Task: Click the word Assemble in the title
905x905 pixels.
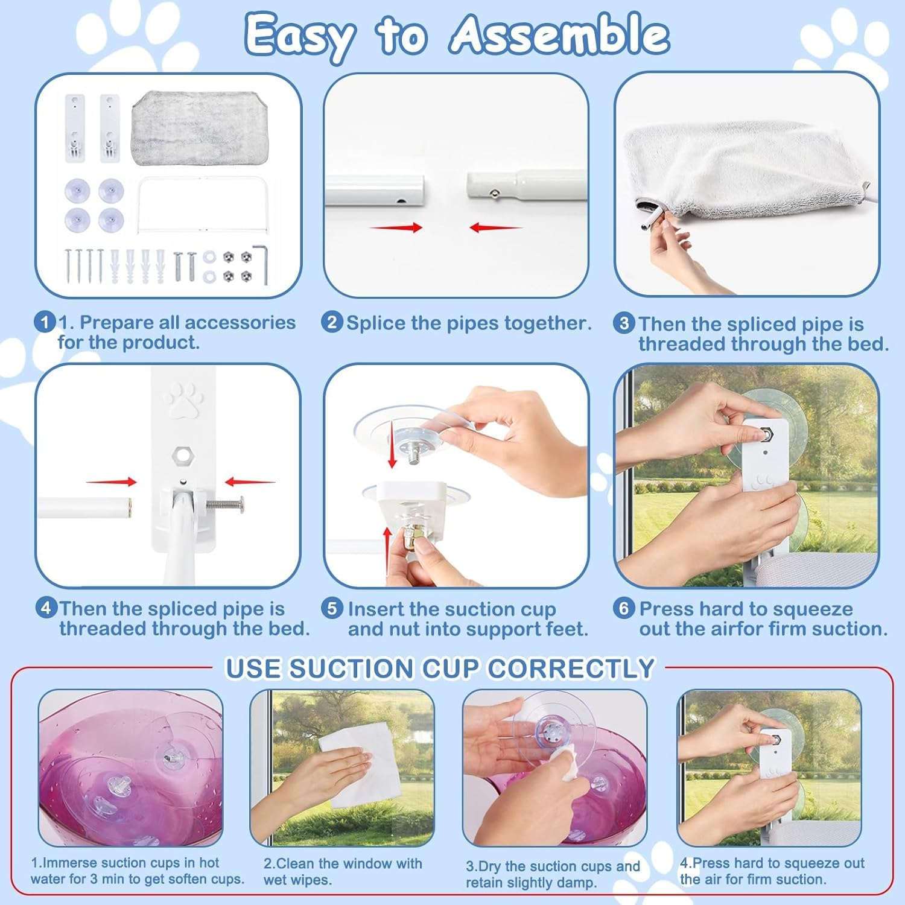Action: [560, 34]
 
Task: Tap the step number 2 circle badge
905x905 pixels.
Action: [332, 322]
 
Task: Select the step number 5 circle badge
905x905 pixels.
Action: [332, 608]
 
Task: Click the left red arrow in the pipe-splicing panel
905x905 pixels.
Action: [396, 227]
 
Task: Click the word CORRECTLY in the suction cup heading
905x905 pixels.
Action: [571, 668]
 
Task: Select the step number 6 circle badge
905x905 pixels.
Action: [624, 608]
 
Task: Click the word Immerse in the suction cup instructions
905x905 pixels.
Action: [69, 863]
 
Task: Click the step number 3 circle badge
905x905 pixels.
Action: [624, 323]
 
